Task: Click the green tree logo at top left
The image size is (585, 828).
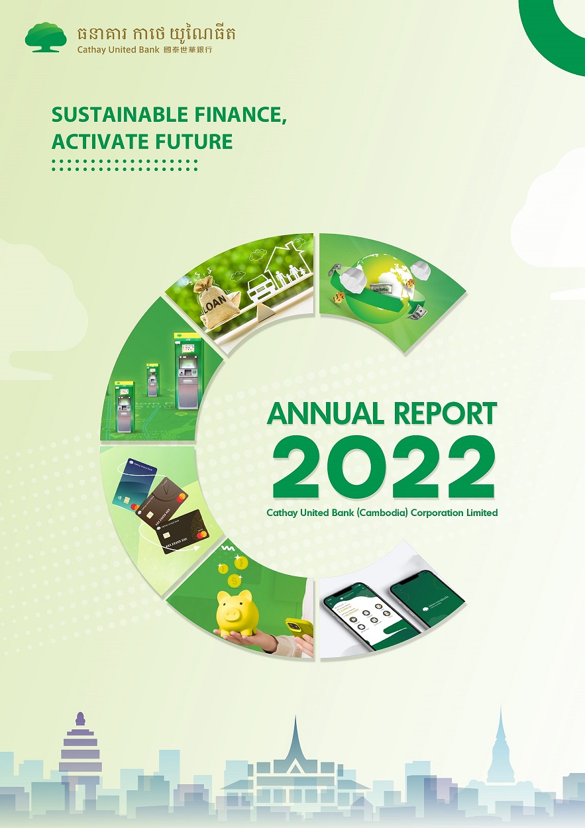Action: pos(46,38)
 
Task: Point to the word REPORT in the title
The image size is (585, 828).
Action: pos(445,414)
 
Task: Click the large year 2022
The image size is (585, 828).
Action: pos(383,467)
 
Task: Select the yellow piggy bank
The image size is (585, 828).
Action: pos(237,610)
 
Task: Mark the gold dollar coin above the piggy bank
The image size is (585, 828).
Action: pos(234,581)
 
